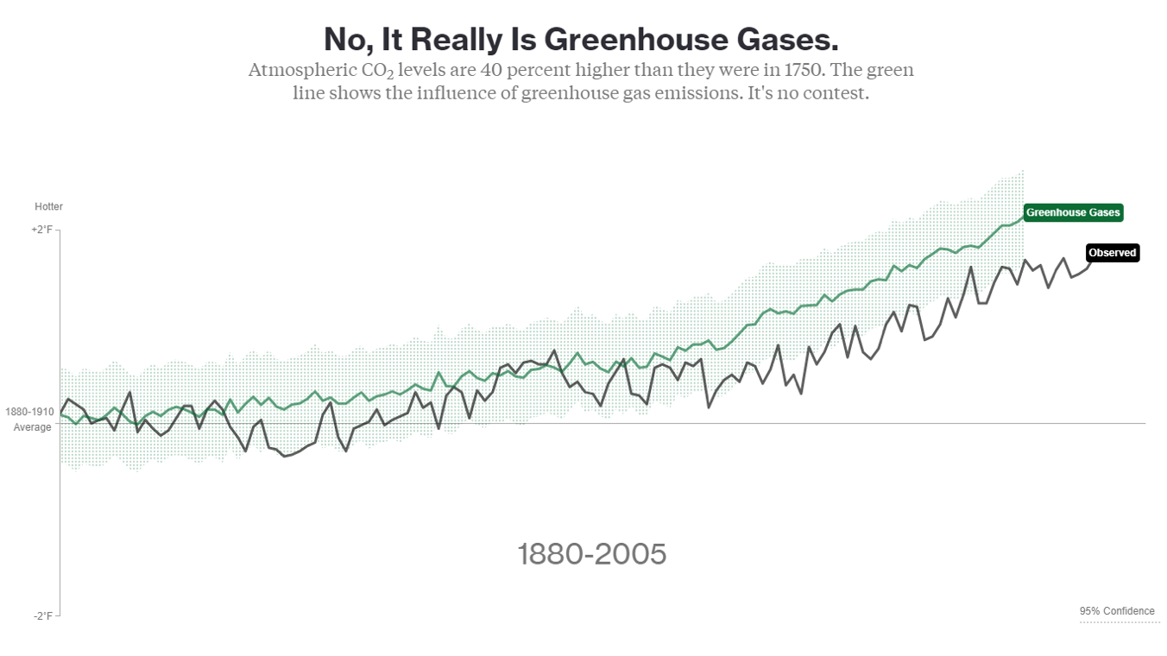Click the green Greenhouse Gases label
point(1072,212)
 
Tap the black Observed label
point(1112,253)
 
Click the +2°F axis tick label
point(41,230)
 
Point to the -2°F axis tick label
point(43,615)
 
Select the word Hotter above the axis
point(48,207)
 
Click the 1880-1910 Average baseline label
point(31,419)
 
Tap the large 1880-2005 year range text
point(591,554)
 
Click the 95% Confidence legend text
point(1116,611)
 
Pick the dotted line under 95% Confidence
point(1119,621)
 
